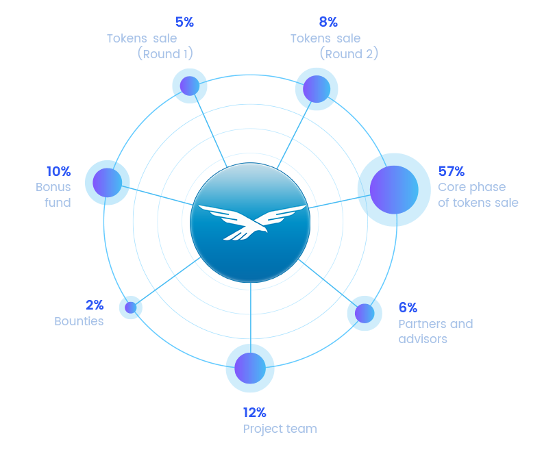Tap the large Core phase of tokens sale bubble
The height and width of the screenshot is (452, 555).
[x=393, y=190]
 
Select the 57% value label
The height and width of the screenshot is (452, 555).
[x=452, y=171]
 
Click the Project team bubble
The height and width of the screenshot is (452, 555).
[x=250, y=368]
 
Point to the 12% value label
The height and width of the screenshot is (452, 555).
[x=255, y=412]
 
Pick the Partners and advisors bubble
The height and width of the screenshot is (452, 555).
[x=364, y=313]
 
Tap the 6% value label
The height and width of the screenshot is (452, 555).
[x=408, y=307]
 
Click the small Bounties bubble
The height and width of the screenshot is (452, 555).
[x=130, y=307]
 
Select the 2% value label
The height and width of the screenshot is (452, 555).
[x=95, y=305]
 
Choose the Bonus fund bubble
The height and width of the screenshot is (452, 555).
[x=107, y=182]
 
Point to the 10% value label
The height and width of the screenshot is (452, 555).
[x=58, y=171]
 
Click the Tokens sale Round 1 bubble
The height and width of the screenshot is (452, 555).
[x=188, y=86]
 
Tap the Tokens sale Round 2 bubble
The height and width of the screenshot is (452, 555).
[x=317, y=89]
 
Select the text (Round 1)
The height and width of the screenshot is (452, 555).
[x=164, y=53]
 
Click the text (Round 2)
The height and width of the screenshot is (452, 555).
[x=349, y=53]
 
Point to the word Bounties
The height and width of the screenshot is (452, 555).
[x=79, y=321]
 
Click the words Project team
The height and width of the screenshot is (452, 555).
[x=280, y=429]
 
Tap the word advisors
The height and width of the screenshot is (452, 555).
[x=423, y=339]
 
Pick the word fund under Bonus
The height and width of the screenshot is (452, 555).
[x=58, y=202]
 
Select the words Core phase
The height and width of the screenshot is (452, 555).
[x=471, y=187]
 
